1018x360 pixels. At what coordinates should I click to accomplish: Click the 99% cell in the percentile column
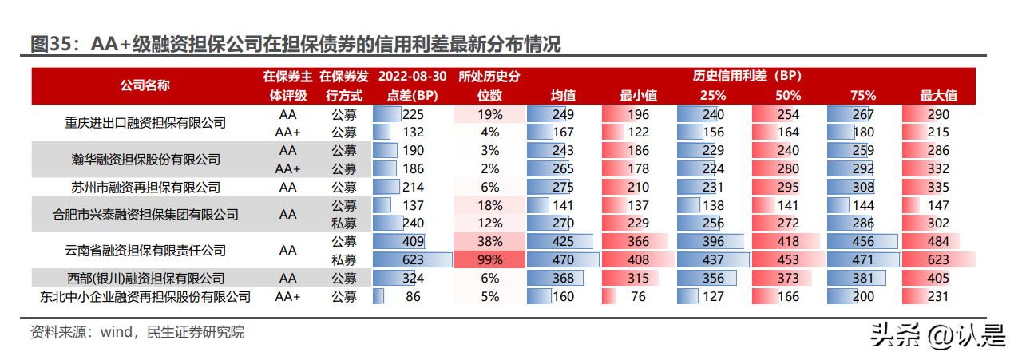coord(489,259)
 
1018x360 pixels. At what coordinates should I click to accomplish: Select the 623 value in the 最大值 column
coord(938,259)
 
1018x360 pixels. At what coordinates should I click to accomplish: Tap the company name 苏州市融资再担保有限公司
coord(145,188)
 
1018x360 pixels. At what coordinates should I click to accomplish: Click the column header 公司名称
coord(145,85)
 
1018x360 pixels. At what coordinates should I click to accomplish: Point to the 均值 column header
coord(563,96)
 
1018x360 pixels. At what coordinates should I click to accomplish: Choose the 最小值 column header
coord(638,96)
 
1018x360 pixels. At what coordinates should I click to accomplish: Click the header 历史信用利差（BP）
coord(747,76)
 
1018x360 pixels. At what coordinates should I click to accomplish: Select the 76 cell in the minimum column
coord(638,296)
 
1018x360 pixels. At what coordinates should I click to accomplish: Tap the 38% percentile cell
coord(489,241)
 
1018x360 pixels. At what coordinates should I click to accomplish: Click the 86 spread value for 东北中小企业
coord(413,296)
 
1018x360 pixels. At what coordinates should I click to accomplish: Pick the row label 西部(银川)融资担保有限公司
coord(145,278)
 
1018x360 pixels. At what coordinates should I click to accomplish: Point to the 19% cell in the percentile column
coord(489,114)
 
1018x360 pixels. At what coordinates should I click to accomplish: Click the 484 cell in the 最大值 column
coord(938,241)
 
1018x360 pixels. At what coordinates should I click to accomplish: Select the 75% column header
coord(863,96)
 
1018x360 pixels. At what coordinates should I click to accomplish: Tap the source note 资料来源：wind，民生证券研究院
coord(137,332)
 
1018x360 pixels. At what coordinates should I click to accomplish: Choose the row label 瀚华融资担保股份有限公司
coord(145,160)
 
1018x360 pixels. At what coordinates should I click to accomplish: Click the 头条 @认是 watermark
coord(937,336)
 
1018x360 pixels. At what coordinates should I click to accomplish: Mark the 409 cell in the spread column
coord(413,241)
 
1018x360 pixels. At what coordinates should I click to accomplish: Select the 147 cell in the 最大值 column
coord(938,205)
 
